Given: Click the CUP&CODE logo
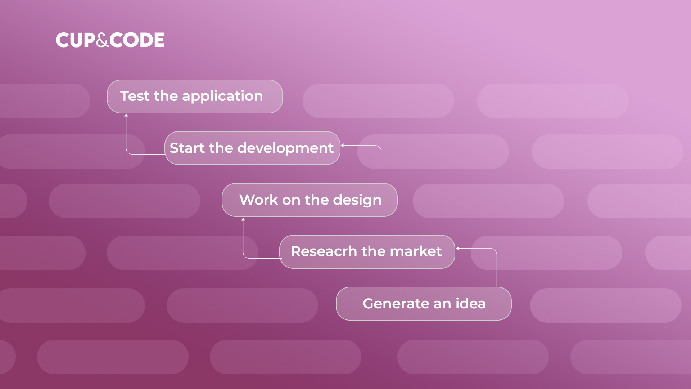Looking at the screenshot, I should pos(110,40).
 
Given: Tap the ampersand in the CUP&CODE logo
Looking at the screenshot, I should pos(103,40).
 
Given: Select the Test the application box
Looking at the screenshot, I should pos(195,97).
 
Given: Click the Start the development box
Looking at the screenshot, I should pos(252,148).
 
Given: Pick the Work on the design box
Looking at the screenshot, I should pos(310,200).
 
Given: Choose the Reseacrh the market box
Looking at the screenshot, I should pos(367,252).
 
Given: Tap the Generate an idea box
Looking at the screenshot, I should pos(424,304).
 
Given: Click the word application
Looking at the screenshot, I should pos(222,97).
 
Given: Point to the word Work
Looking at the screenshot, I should pos(259,200).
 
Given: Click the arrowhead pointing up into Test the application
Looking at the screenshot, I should pos(126,115).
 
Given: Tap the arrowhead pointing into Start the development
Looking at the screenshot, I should pos(342,145).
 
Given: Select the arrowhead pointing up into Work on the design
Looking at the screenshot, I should pos(243,219).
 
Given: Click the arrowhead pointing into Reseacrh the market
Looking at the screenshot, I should pos(457,248).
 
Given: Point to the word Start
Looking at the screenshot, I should pos(187,148).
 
